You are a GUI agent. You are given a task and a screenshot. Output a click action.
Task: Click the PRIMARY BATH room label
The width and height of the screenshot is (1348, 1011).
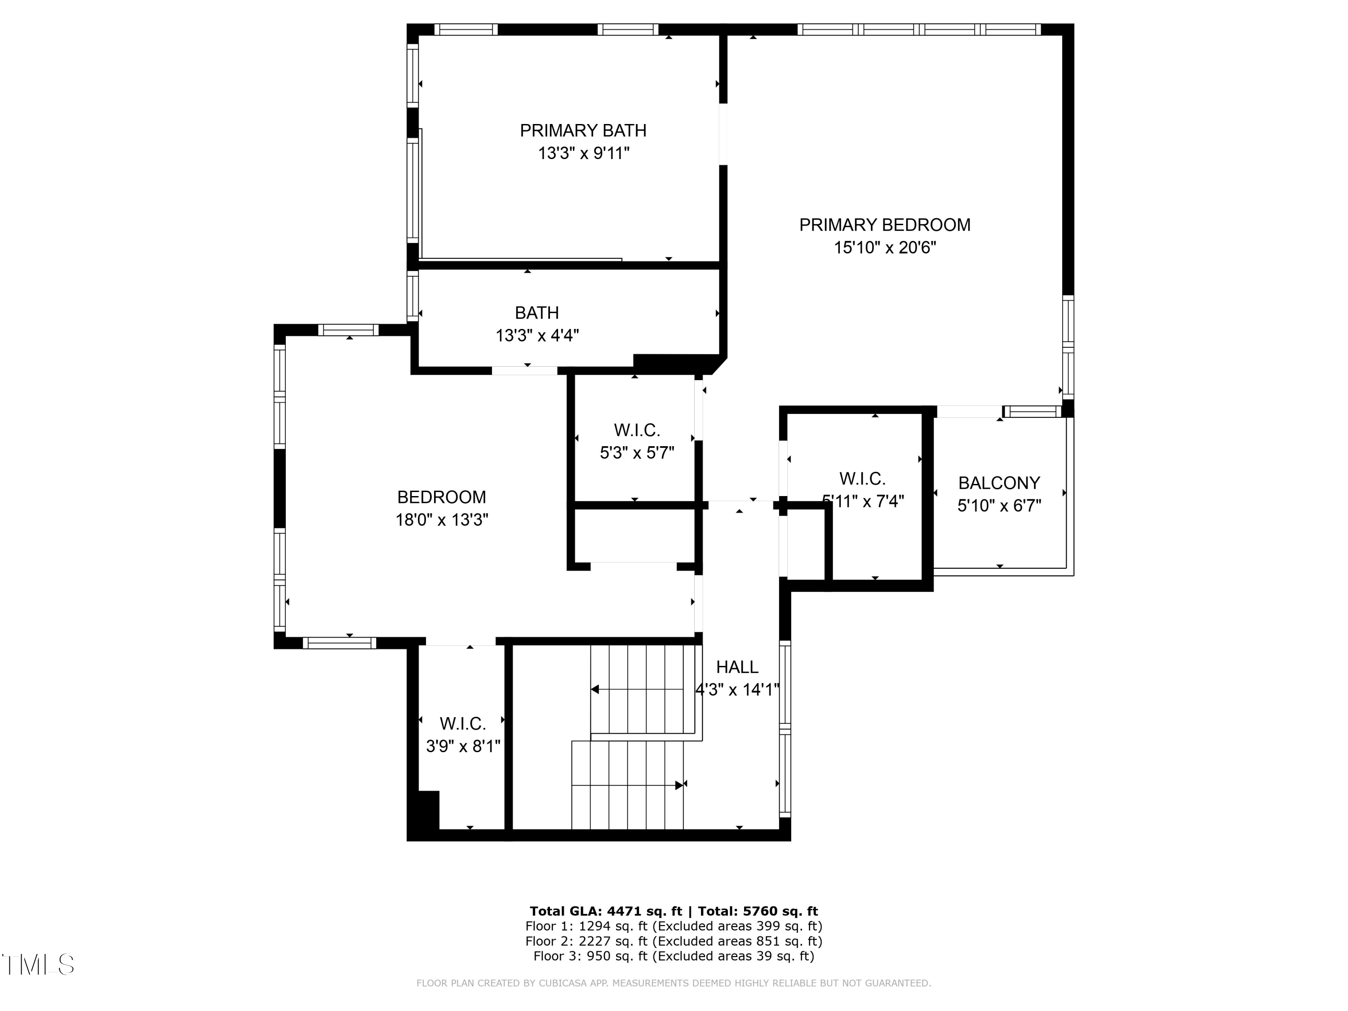point(583,130)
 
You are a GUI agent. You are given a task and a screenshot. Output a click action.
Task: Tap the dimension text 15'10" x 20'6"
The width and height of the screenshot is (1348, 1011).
point(884,248)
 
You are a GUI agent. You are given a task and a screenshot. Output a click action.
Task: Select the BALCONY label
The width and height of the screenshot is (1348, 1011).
point(999,483)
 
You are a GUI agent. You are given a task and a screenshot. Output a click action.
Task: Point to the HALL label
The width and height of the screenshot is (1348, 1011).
point(737,667)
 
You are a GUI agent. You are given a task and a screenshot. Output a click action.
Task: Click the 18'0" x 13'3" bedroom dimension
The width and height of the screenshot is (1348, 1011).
point(442,520)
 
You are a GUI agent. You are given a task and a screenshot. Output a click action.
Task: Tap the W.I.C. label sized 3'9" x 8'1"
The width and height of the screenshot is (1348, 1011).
point(462,723)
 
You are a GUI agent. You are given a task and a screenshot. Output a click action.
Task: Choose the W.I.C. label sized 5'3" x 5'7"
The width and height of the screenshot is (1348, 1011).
point(637,430)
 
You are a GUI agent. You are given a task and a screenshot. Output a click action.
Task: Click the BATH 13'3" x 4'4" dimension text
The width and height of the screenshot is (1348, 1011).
point(537,335)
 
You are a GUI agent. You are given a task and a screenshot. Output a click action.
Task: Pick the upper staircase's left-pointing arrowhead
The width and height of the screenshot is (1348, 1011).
point(595,689)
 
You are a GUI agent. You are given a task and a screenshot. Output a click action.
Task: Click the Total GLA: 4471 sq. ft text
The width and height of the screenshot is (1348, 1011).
point(605,911)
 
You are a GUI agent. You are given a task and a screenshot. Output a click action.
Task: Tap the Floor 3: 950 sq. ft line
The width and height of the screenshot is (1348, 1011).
point(674,956)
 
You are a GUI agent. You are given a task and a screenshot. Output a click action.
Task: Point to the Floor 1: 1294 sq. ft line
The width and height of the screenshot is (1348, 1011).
point(674,926)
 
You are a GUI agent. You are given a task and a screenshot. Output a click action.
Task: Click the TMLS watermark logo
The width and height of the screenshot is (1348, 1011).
point(38,965)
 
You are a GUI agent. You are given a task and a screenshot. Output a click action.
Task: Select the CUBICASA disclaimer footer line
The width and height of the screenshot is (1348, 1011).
point(674,983)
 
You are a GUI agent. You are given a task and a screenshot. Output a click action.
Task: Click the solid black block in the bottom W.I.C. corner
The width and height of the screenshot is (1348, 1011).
point(428,809)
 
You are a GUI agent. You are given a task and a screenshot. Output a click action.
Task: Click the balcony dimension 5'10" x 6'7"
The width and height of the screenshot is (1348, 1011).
point(999,506)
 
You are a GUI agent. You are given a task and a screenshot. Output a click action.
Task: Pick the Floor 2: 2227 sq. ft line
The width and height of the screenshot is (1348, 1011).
point(674,941)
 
